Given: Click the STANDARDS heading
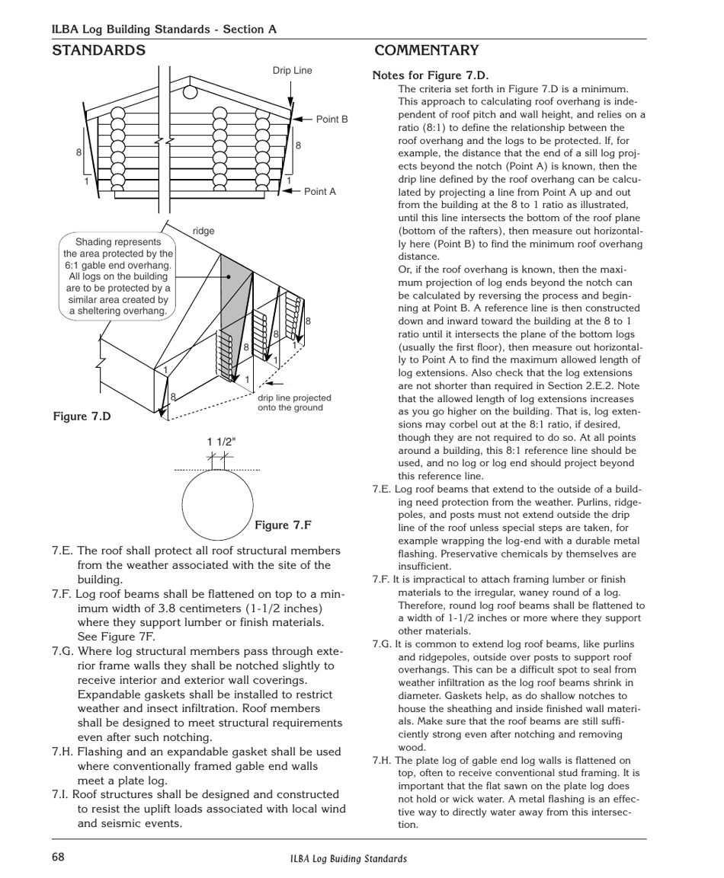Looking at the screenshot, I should tap(98, 51).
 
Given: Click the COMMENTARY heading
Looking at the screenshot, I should tap(427, 51).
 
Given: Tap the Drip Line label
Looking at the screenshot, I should tap(292, 71).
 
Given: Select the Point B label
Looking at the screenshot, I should tap(332, 120).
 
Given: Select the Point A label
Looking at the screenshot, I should tap(319, 192).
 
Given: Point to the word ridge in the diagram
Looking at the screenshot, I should tap(203, 231).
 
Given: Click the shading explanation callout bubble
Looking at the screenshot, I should tap(118, 276).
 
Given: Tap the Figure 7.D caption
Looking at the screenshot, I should tap(82, 416).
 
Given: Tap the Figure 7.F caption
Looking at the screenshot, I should tap(283, 525).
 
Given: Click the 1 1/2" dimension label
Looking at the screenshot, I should tap(221, 442).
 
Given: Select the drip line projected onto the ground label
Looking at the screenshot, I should tap(294, 403).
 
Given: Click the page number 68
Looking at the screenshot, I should tap(59, 857).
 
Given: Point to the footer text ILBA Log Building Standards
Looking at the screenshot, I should tap(348, 858).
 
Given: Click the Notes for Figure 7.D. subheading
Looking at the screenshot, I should tap(430, 75).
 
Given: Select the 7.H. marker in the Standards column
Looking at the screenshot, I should tap(63, 752).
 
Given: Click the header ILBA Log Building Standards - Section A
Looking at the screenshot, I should tap(164, 29).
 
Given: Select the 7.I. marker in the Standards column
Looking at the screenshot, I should tap(62, 794).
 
